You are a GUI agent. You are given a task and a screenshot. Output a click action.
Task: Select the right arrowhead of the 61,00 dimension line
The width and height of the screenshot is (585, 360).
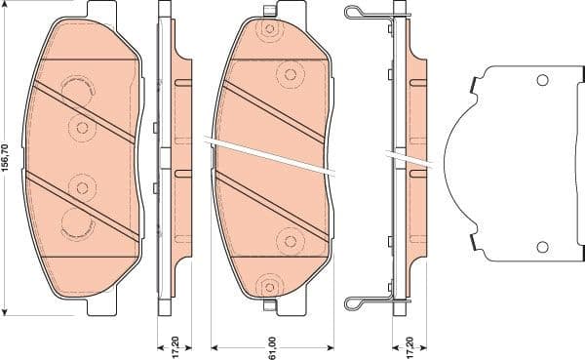[x=332, y=346]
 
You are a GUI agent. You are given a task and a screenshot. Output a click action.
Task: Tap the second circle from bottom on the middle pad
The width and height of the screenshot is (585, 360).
[x=290, y=240]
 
